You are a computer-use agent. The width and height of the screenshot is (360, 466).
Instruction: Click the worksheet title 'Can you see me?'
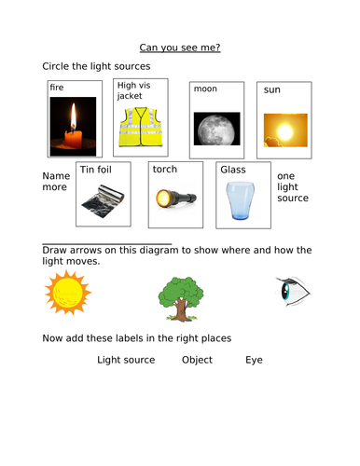(x=180, y=46)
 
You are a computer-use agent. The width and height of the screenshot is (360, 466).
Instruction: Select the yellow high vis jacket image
(x=140, y=127)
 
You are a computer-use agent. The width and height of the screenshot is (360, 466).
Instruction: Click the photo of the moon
(x=214, y=128)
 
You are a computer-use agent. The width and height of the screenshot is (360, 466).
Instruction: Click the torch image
(x=174, y=199)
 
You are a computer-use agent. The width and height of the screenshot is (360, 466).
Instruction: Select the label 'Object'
(x=197, y=360)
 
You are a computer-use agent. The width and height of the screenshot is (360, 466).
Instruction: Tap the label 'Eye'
(x=254, y=360)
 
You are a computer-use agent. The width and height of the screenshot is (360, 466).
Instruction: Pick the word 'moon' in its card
(x=205, y=89)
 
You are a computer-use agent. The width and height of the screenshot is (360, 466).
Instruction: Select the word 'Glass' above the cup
(x=232, y=170)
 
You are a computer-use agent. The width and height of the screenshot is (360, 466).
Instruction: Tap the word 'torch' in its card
(x=166, y=170)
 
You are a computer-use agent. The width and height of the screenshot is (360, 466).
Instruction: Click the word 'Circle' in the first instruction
(x=57, y=67)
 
